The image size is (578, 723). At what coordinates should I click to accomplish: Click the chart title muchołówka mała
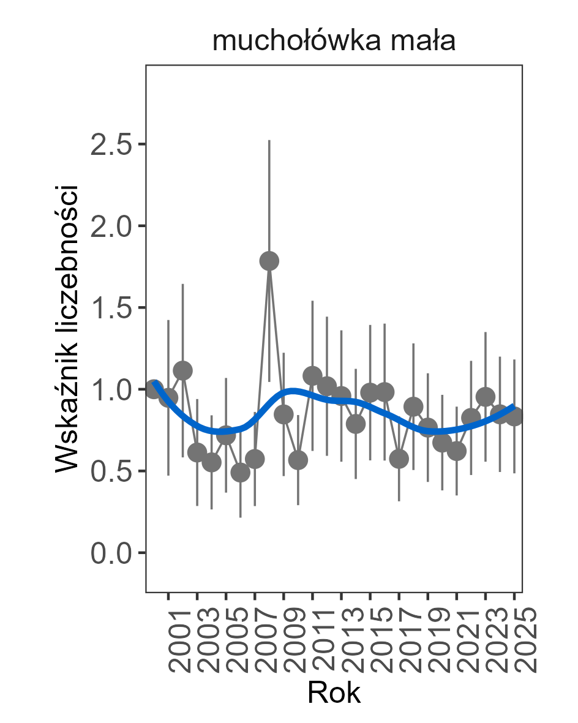(x=334, y=42)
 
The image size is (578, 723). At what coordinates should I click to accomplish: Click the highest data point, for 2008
(x=269, y=261)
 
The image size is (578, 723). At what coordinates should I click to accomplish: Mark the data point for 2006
(x=241, y=473)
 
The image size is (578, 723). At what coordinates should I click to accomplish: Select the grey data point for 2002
(x=183, y=370)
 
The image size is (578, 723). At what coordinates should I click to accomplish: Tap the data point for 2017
(x=399, y=459)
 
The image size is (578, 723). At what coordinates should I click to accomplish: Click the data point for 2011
(x=313, y=375)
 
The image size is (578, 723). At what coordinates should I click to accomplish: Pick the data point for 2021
(x=457, y=451)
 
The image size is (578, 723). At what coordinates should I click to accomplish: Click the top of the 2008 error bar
(x=269, y=141)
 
